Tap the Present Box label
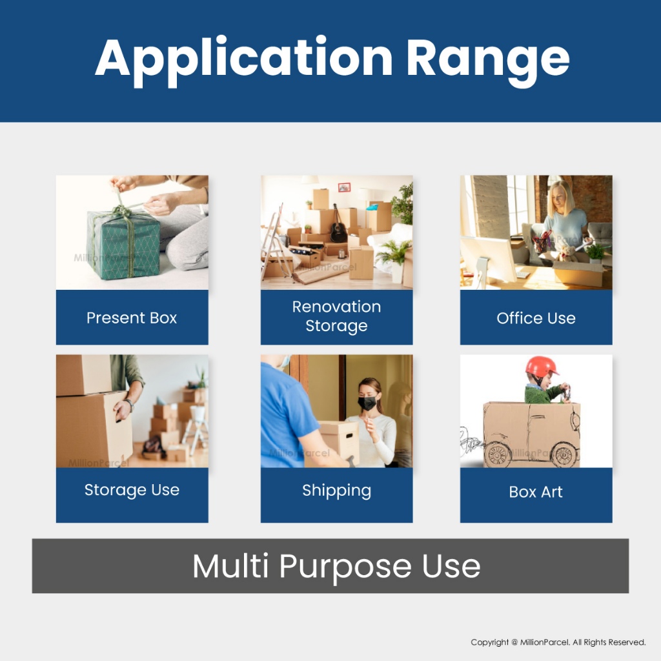coord(132,318)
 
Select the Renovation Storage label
coord(336,316)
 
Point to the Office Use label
coord(536,318)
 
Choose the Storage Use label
coord(132,491)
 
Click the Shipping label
coord(336,491)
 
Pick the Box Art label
coord(535,492)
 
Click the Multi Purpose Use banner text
coord(336,567)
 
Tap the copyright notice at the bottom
coord(558,642)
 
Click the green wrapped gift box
coord(123,243)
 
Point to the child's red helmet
coord(542,367)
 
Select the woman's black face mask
coord(367,403)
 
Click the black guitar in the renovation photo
coord(338,225)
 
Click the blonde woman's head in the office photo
coord(560,198)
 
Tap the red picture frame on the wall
coord(344,188)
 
